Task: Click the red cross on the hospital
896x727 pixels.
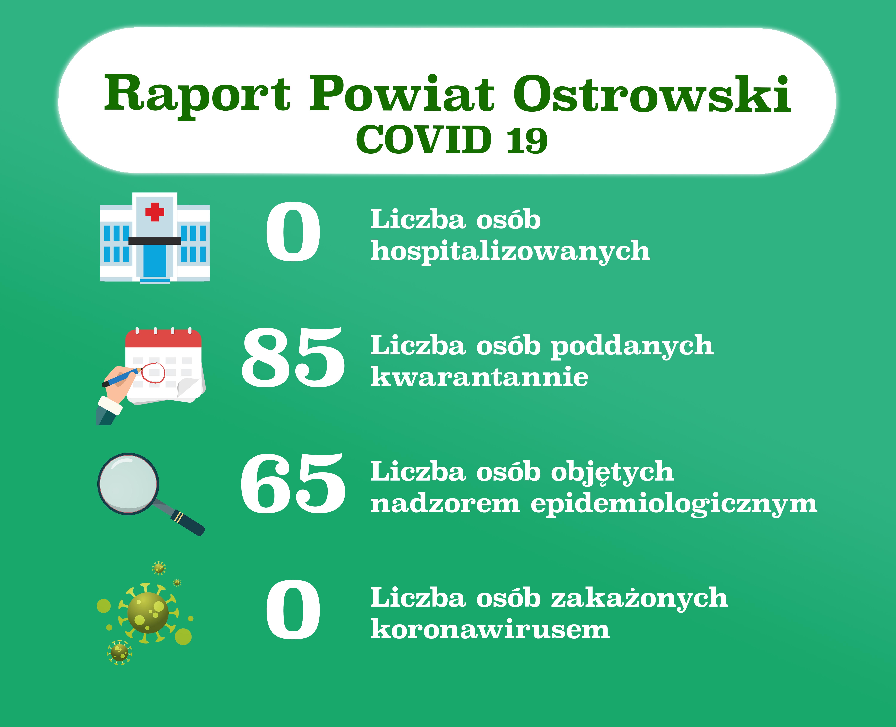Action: coord(155,212)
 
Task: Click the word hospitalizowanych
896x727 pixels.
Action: coord(510,251)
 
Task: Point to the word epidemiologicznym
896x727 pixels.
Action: coord(674,505)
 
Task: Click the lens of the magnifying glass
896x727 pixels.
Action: coord(128,484)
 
